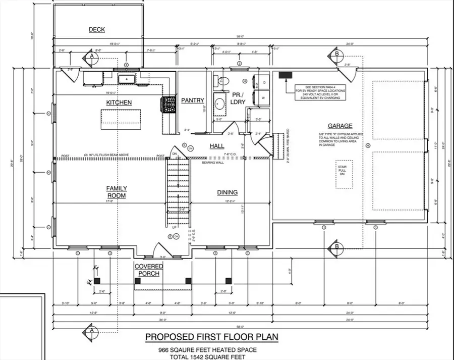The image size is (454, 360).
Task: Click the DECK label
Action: pyautogui.click(x=96, y=30)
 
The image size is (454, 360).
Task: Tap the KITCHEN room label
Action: pyautogui.click(x=119, y=102)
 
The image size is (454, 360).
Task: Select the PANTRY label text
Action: pyautogui.click(x=192, y=100)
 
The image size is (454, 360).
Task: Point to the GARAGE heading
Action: pyautogui.click(x=339, y=126)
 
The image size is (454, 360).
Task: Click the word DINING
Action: pyautogui.click(x=227, y=192)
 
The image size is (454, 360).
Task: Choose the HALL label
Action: pyautogui.click(x=217, y=146)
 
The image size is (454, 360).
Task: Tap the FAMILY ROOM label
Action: pyautogui.click(x=116, y=192)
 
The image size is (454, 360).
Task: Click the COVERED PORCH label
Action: pyautogui.click(x=148, y=270)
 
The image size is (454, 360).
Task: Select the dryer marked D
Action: pyautogui.click(x=262, y=82)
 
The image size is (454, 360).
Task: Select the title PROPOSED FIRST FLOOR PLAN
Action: pyautogui.click(x=212, y=336)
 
